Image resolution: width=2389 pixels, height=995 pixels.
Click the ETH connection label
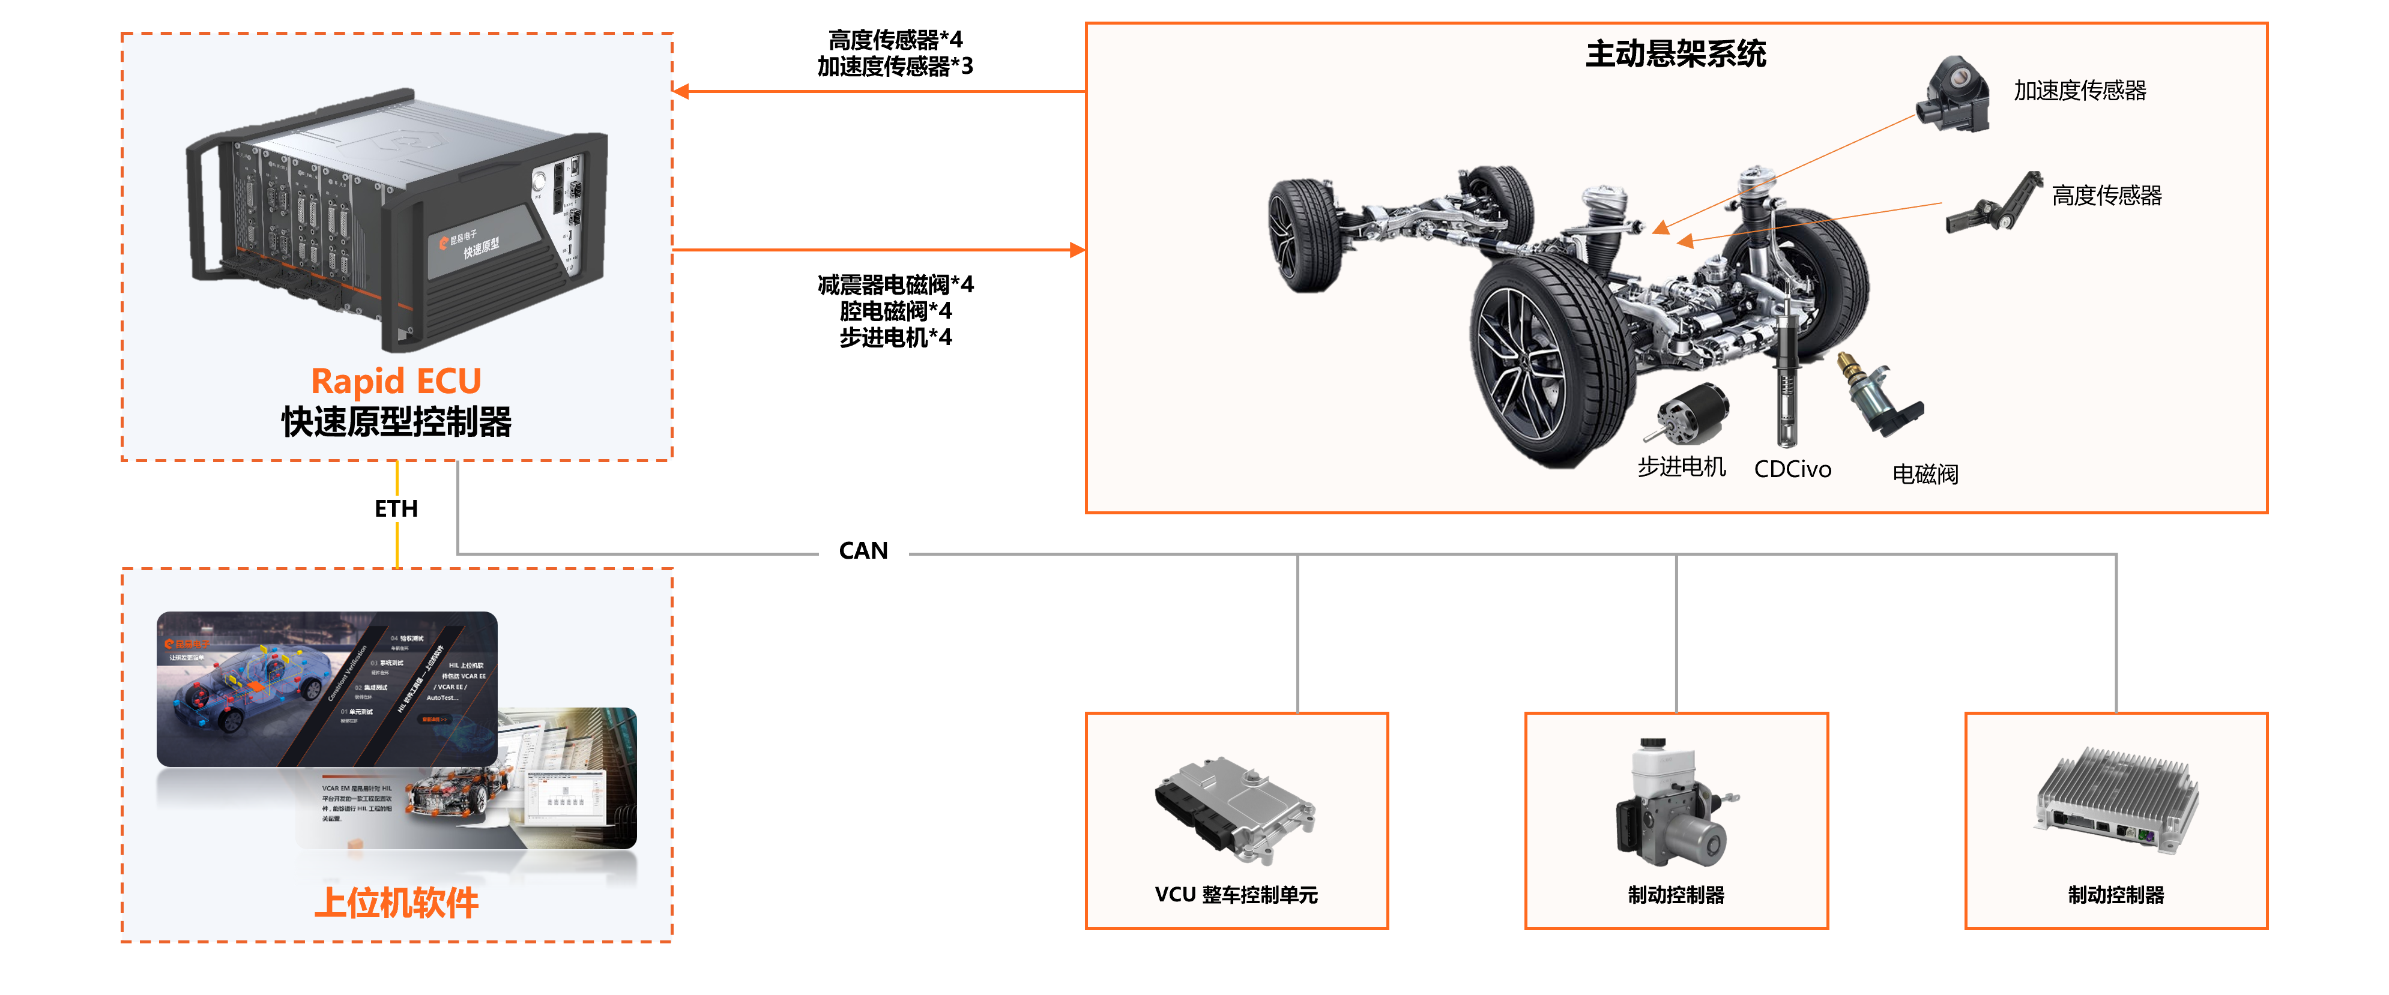[x=396, y=508]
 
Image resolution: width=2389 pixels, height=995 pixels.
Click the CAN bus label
[x=863, y=551]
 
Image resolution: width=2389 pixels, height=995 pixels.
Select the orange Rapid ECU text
[x=396, y=381]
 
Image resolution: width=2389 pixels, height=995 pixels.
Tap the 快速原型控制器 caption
[x=396, y=422]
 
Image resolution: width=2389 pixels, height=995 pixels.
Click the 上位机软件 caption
[x=396, y=902]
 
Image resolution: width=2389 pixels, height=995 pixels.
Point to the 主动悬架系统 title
[x=1675, y=54]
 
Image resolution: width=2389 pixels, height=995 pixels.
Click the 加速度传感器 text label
[x=2079, y=91]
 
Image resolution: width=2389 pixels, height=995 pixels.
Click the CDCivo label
[x=1792, y=469]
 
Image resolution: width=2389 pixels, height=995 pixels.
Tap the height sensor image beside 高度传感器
[x=1994, y=204]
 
